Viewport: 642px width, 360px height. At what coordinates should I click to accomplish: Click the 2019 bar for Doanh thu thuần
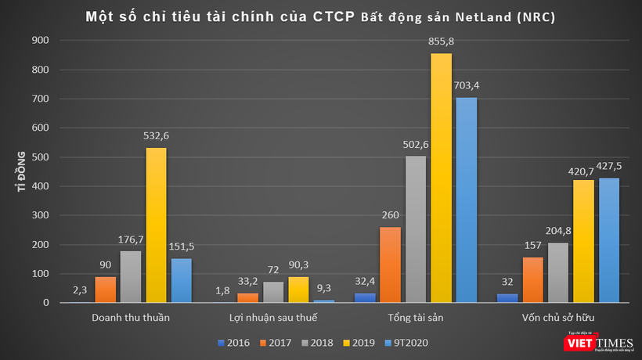point(156,225)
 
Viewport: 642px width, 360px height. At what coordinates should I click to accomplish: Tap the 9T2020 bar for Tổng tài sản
point(466,200)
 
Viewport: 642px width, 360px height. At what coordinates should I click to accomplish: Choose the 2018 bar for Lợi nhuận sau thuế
point(272,292)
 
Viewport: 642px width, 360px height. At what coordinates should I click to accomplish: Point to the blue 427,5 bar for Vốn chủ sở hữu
point(609,240)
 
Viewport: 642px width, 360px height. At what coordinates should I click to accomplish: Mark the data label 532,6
point(156,136)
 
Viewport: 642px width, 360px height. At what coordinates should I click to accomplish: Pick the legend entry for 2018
point(318,342)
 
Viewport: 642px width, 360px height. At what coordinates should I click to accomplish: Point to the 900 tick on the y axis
point(45,40)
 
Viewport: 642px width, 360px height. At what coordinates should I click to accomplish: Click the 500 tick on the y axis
point(45,157)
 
